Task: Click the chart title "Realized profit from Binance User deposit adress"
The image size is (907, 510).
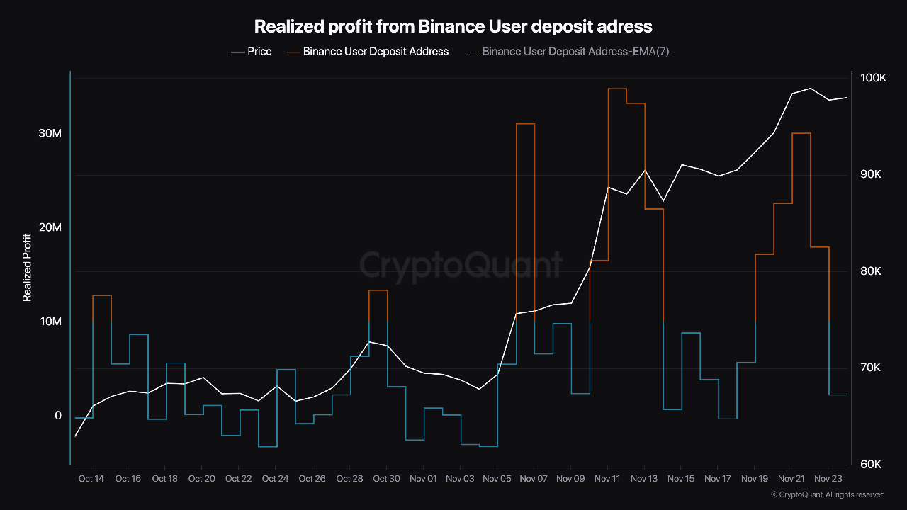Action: [453, 27]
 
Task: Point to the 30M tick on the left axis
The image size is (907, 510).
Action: [50, 134]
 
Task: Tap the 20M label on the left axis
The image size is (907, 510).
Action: [50, 227]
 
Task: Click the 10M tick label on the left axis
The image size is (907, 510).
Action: [50, 322]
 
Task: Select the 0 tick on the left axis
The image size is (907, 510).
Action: [58, 416]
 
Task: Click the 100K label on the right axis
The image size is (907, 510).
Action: [873, 78]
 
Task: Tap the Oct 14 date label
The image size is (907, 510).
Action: [91, 480]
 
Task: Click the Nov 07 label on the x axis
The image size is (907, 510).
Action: [533, 480]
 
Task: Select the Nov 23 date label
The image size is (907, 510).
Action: [828, 480]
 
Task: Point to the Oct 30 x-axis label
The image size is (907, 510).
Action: [385, 480]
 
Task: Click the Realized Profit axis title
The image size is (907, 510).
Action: [27, 268]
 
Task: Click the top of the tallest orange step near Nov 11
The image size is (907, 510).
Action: [617, 89]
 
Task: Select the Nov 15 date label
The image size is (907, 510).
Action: [680, 480]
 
